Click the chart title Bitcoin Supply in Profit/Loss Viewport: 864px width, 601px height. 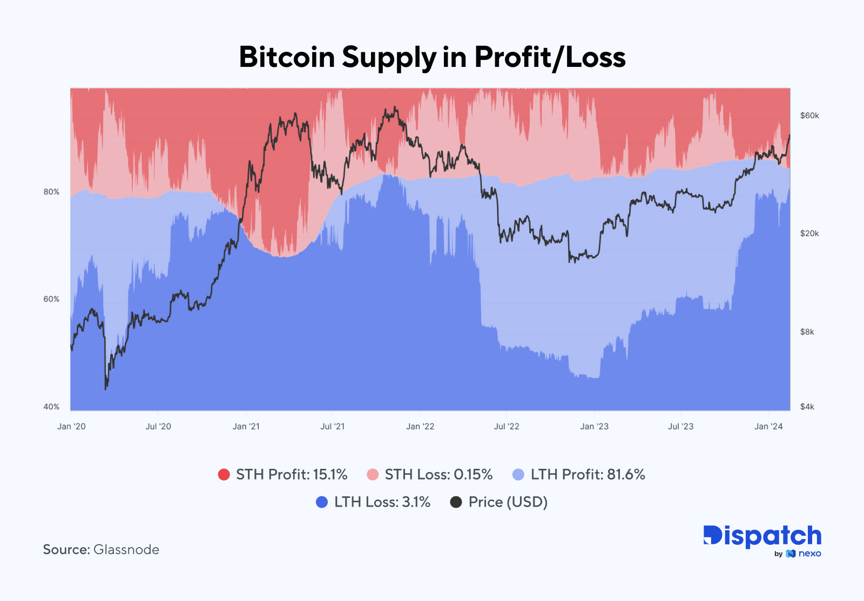(432, 57)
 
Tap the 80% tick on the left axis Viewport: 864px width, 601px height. (51, 192)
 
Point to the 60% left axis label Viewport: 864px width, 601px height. (51, 299)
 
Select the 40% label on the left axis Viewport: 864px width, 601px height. (51, 407)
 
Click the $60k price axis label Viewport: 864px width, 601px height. (809, 115)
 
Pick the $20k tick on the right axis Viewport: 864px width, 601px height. (809, 234)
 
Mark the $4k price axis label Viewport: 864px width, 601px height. (807, 407)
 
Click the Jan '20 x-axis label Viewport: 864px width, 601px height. (71, 426)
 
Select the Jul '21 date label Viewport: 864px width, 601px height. (332, 426)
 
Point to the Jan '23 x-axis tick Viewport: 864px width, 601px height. (594, 426)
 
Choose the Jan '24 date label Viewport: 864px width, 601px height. (768, 426)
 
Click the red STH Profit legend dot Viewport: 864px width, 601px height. (224, 475)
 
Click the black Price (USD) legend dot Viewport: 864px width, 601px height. (456, 502)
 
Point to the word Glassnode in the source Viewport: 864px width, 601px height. (126, 550)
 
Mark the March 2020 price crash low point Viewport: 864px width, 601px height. (105, 388)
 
